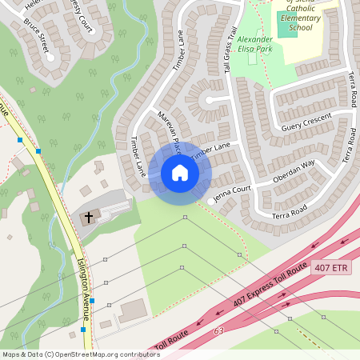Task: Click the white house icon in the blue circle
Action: [179, 172]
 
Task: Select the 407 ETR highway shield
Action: [332, 267]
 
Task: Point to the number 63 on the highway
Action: [219, 330]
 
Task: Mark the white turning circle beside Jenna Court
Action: [211, 201]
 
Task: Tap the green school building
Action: [286, 23]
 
